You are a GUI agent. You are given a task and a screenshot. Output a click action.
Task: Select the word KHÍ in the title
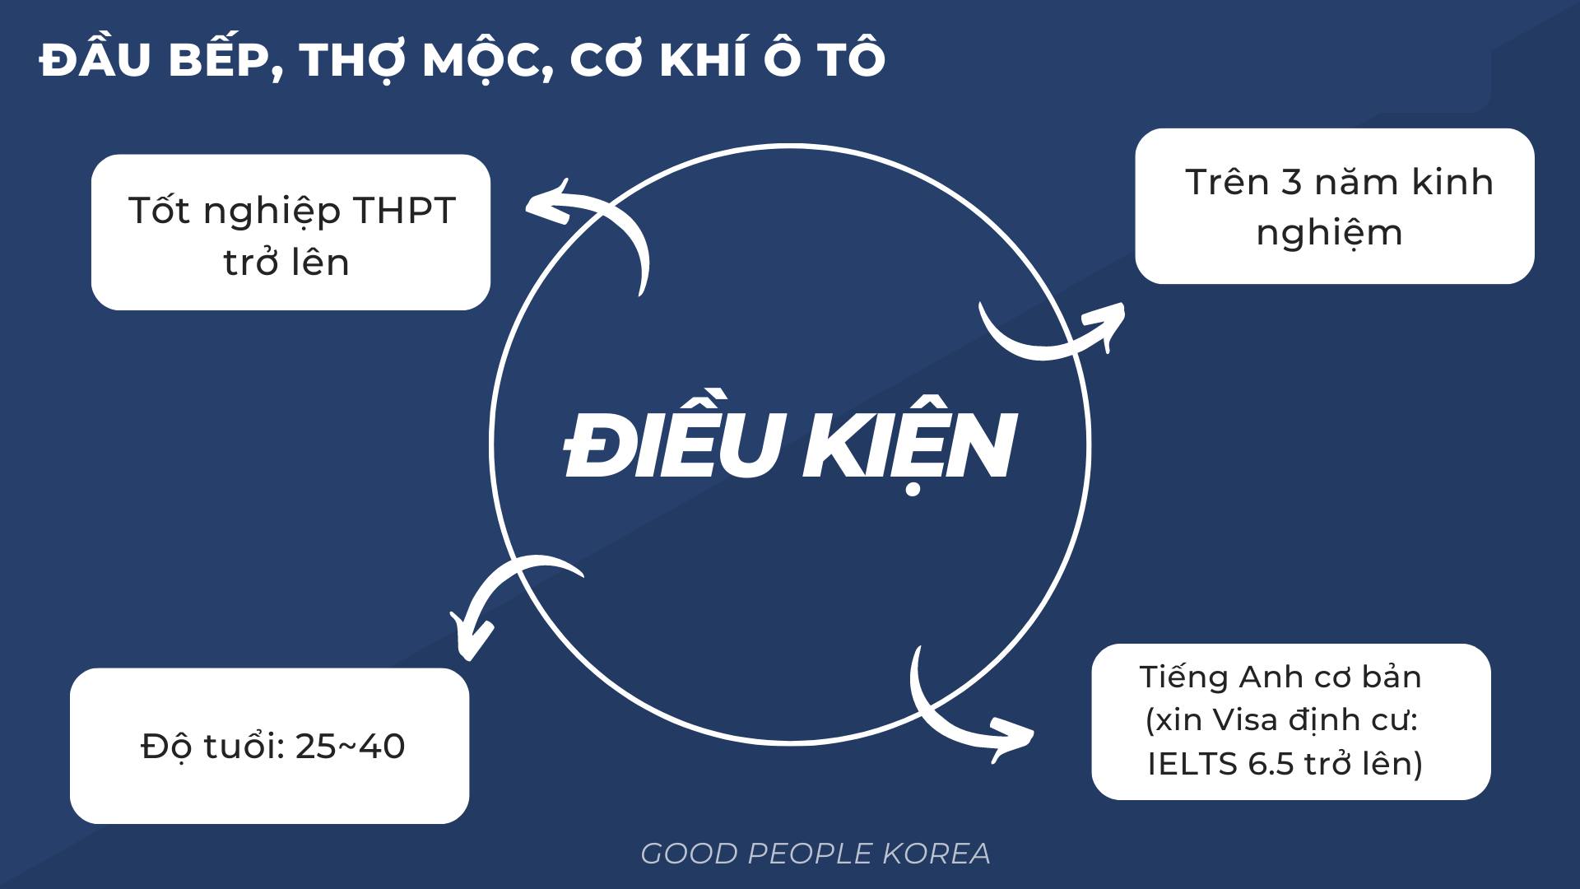708,59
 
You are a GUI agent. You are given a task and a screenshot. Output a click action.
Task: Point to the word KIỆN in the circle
910,444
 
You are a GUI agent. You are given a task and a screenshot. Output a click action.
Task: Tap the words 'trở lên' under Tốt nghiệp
286,263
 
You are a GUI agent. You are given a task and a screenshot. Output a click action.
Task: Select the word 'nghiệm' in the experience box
1329,233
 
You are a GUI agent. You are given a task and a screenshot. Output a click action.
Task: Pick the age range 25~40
350,747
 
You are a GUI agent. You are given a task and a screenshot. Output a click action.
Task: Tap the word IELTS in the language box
1192,764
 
